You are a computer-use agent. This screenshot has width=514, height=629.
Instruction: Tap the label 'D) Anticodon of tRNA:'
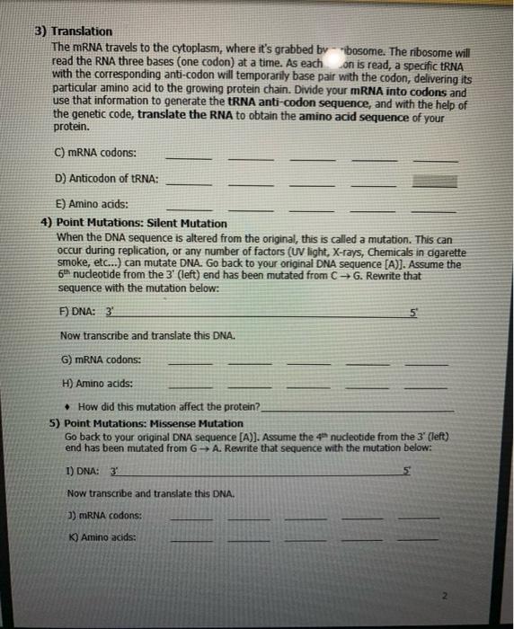point(107,179)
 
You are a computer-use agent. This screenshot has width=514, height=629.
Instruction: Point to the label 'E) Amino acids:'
point(92,205)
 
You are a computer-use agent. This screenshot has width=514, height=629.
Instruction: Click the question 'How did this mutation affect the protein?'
point(168,407)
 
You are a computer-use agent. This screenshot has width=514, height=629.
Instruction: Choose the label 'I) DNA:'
point(83,470)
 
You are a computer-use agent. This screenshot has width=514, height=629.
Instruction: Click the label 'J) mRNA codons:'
point(104,516)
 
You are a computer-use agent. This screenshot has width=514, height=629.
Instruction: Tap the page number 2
point(491,596)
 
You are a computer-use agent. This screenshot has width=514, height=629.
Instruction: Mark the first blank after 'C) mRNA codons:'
point(189,158)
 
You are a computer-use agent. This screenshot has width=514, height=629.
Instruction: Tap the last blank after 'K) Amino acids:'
point(419,542)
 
